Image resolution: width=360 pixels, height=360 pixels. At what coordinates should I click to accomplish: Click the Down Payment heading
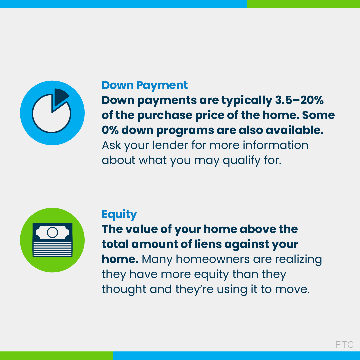tap(145, 85)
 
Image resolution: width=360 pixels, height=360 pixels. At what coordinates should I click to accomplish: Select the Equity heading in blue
tap(119, 214)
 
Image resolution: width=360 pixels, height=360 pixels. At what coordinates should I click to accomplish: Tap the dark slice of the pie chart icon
tap(60, 96)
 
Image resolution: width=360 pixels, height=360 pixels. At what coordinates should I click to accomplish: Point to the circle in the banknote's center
tap(52, 232)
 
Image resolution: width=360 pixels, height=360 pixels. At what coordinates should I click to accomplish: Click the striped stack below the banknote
tap(52, 249)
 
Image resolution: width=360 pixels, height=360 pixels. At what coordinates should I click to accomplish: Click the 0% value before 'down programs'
tap(110, 130)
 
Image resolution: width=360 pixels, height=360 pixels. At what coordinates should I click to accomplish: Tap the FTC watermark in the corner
tap(344, 344)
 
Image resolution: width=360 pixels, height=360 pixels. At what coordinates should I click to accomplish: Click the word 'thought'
tap(124, 289)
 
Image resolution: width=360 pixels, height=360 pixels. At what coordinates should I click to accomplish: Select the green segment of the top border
tap(303, 4)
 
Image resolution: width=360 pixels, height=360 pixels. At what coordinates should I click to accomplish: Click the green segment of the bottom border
tap(57, 355)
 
